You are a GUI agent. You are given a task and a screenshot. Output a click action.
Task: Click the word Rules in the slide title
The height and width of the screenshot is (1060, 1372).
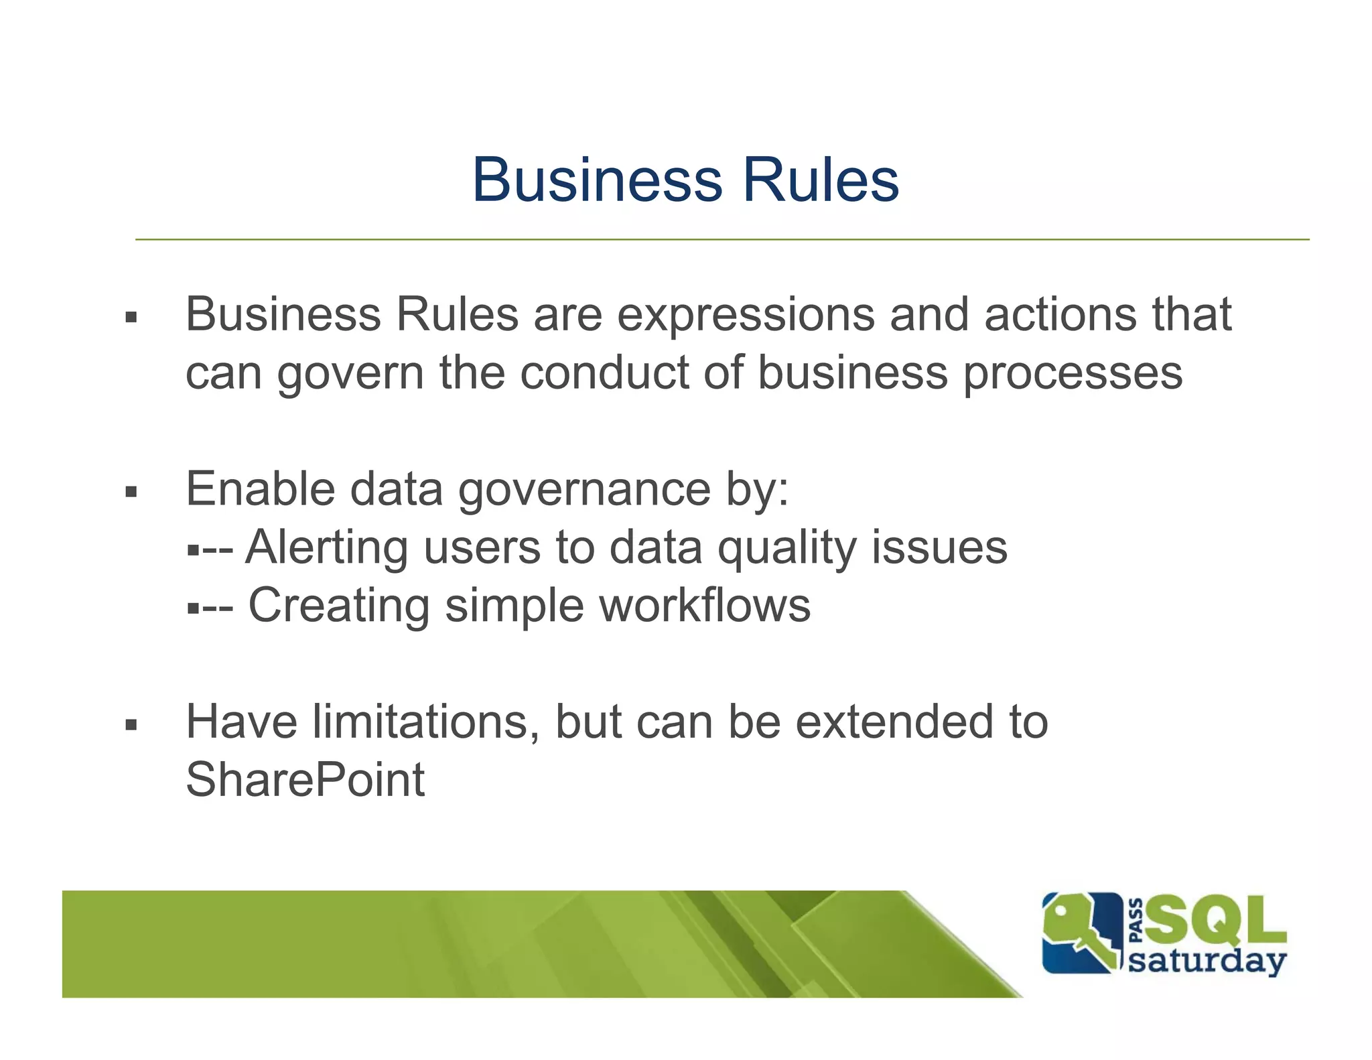pos(821,180)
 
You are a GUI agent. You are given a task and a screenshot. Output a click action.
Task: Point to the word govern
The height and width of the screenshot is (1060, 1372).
pos(350,373)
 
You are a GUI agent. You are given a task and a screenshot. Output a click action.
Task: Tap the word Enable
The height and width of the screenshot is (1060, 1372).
pos(260,488)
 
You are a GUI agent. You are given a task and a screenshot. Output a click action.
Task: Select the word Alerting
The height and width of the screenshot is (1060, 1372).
pos(326,547)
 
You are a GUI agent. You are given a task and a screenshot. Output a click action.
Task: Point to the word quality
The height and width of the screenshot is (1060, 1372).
pos(786,547)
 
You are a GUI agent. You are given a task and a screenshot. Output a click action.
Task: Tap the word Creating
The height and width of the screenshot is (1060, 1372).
pos(339,606)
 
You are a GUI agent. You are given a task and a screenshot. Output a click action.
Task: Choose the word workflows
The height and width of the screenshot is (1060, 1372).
pos(705,605)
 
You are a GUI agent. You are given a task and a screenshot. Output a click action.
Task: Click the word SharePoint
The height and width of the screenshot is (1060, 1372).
pos(305,780)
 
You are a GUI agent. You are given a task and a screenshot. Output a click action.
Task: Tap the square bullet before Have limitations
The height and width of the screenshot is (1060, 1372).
pos(131,724)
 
